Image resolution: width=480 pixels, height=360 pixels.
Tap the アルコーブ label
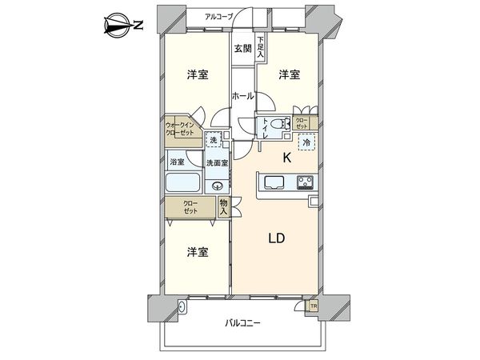point(219,16)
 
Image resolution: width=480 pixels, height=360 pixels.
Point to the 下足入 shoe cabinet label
point(262,47)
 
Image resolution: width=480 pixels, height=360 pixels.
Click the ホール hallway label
point(242,96)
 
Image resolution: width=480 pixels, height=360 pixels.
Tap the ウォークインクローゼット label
point(179,129)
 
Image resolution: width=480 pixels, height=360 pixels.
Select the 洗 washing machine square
point(213,141)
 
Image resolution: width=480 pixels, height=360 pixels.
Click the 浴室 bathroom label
point(176,162)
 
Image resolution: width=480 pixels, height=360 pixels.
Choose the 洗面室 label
point(216,163)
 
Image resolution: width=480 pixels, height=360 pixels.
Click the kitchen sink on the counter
point(271,182)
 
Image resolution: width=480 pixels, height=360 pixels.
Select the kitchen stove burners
point(305,182)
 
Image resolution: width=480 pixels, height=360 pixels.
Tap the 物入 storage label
point(224,207)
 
